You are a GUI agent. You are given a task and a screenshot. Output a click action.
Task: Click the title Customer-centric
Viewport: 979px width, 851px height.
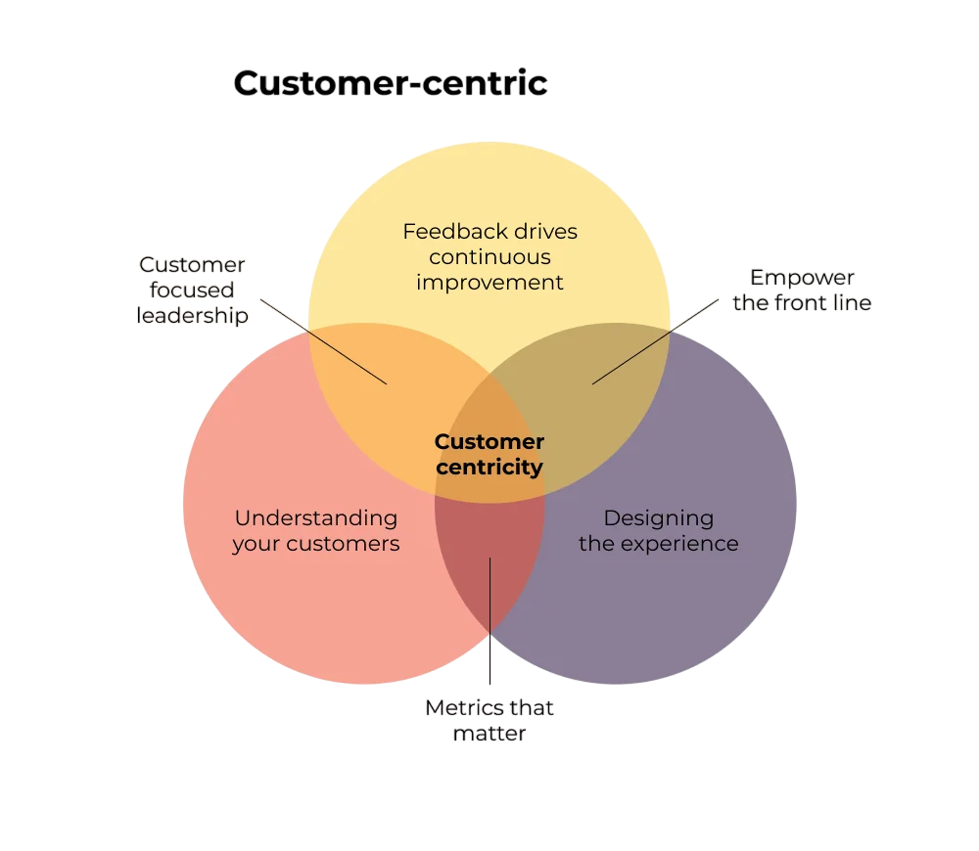coord(390,83)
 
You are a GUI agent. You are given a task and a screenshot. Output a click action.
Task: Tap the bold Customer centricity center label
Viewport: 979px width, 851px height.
coord(489,454)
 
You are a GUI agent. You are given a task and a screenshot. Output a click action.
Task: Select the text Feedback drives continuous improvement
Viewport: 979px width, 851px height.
coord(489,256)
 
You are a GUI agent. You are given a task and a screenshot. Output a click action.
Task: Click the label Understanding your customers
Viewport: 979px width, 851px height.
coord(315,530)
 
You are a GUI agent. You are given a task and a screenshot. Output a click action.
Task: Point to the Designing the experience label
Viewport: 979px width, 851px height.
coord(658,530)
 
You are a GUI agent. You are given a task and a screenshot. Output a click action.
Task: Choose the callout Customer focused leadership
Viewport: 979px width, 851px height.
coord(192,290)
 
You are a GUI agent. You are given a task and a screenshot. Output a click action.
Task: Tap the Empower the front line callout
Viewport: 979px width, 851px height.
coord(802,290)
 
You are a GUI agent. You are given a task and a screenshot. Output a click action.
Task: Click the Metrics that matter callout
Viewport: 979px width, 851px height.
coord(489,720)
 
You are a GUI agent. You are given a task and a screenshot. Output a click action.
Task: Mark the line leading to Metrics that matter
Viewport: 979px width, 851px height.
coord(489,626)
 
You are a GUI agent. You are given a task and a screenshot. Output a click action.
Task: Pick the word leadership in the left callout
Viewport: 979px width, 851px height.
coord(192,315)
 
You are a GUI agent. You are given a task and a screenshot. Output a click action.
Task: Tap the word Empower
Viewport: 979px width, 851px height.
coord(802,277)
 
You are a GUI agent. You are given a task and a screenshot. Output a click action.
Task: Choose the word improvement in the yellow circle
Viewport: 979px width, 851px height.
coord(489,283)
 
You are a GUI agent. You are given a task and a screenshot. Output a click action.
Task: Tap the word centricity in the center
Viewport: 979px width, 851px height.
coord(489,467)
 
